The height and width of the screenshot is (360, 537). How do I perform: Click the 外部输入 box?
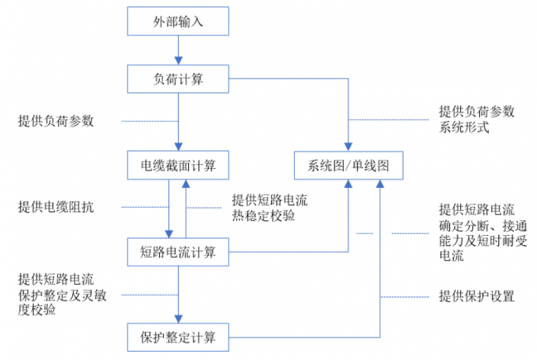[x=178, y=21]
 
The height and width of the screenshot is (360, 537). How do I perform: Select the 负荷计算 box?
[x=178, y=79]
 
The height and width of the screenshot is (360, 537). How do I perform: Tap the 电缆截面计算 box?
[x=178, y=165]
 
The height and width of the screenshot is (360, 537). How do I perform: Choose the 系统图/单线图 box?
[x=349, y=165]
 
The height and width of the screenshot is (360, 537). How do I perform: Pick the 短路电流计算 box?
[x=178, y=252]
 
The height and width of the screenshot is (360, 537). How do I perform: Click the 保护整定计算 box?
[x=178, y=337]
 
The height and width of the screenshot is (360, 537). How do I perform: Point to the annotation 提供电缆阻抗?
[x=56, y=207]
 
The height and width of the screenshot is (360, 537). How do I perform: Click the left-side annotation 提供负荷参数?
[x=56, y=121]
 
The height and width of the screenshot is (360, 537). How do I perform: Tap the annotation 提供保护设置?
[x=477, y=296]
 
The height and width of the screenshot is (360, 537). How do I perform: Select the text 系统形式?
[x=465, y=128]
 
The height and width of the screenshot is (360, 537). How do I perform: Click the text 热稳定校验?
[x=264, y=216]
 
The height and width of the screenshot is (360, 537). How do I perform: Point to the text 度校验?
[x=37, y=310]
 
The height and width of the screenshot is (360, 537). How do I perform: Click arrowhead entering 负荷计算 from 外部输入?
[x=178, y=61]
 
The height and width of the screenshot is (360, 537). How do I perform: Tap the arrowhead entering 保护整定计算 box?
[x=178, y=319]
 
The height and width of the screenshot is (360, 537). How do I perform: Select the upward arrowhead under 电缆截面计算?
[x=186, y=183]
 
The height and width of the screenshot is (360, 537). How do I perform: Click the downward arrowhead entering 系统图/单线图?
[x=348, y=147]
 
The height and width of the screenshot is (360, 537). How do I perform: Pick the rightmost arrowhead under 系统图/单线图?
[x=380, y=183]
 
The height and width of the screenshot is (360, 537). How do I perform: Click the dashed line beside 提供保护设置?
[x=405, y=297]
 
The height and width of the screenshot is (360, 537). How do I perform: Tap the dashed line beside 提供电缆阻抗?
[x=145, y=207]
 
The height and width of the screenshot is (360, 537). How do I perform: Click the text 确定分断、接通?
[x=483, y=226]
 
